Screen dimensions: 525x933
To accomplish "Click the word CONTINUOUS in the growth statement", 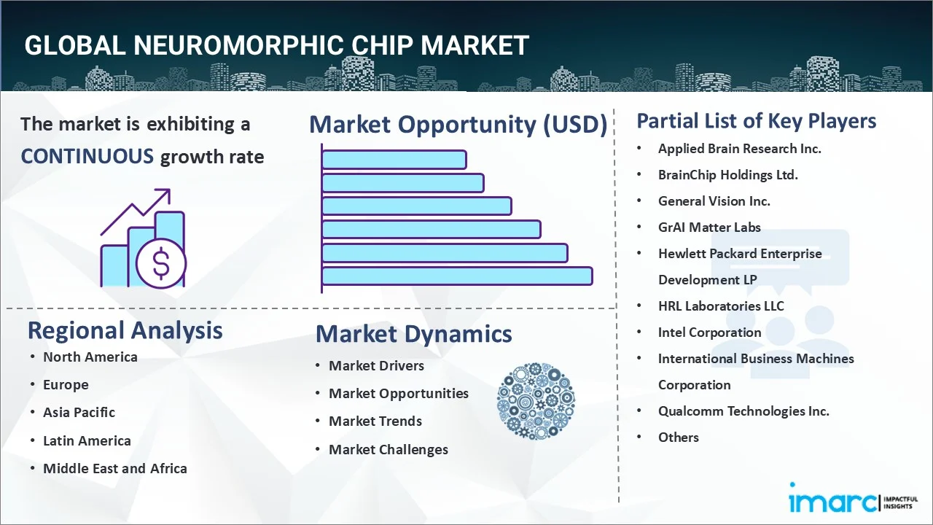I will [87, 156].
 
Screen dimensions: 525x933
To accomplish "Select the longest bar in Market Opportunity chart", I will [457, 276].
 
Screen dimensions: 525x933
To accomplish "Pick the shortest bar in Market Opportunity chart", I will [394, 159].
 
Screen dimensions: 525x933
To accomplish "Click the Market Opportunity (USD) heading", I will [458, 125].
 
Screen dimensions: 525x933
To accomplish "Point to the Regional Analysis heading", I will [125, 330].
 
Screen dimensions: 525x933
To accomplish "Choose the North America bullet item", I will [90, 357].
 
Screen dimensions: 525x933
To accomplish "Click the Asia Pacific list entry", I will [79, 412].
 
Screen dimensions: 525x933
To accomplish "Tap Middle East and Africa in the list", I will [114, 468].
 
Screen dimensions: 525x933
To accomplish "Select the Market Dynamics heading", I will [413, 334].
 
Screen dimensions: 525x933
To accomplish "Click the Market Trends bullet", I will [375, 421].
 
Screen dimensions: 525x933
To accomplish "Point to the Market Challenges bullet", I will [388, 449].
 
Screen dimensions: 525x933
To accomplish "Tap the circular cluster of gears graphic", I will [536, 401].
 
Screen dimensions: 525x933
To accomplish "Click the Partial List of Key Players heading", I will [756, 120].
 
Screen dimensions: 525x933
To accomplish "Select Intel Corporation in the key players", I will [709, 332].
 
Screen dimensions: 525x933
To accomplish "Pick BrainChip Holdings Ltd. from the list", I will [727, 174].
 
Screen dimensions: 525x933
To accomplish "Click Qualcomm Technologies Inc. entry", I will [743, 411].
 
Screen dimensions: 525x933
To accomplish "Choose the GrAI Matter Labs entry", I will [708, 227].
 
